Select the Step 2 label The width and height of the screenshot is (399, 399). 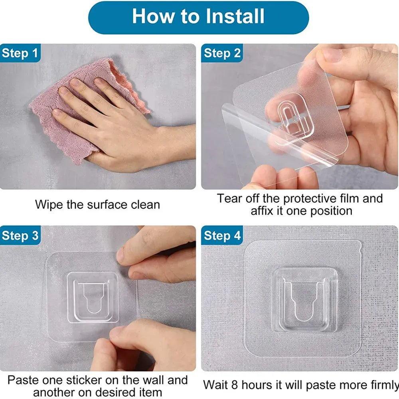(x=222, y=53)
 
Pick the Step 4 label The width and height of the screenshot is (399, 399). (x=222, y=235)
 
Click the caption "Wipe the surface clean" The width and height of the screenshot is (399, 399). (x=97, y=205)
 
